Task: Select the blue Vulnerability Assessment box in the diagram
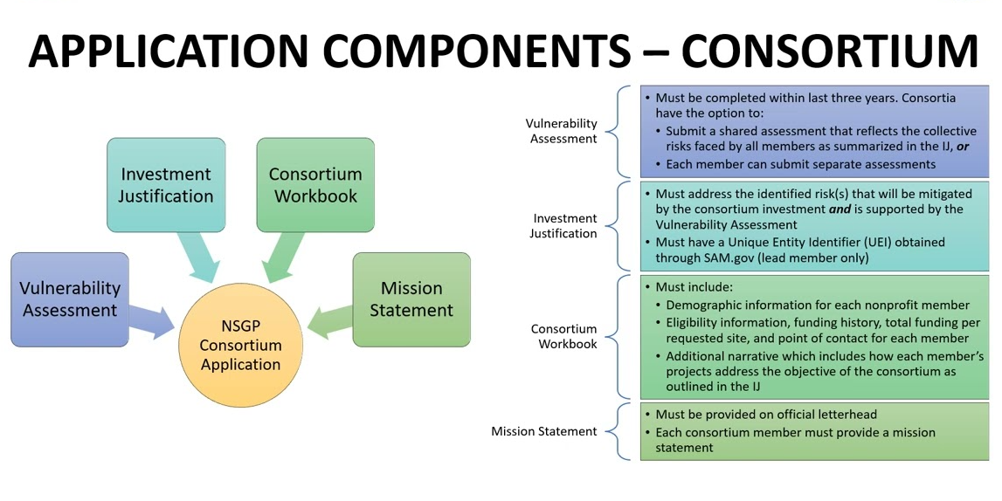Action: pyautogui.click(x=70, y=299)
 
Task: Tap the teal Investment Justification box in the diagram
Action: pyautogui.click(x=166, y=185)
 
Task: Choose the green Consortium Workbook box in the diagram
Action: pyautogui.click(x=315, y=185)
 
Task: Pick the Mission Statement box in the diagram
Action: pyautogui.click(x=411, y=299)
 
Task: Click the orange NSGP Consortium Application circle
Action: pyautogui.click(x=240, y=346)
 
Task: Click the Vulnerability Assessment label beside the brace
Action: pyautogui.click(x=562, y=131)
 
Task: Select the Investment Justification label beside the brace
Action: pyautogui.click(x=563, y=226)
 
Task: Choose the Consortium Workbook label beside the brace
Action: pyautogui.click(x=564, y=336)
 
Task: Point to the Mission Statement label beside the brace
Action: pyautogui.click(x=544, y=431)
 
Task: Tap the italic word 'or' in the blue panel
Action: pyautogui.click(x=963, y=147)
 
